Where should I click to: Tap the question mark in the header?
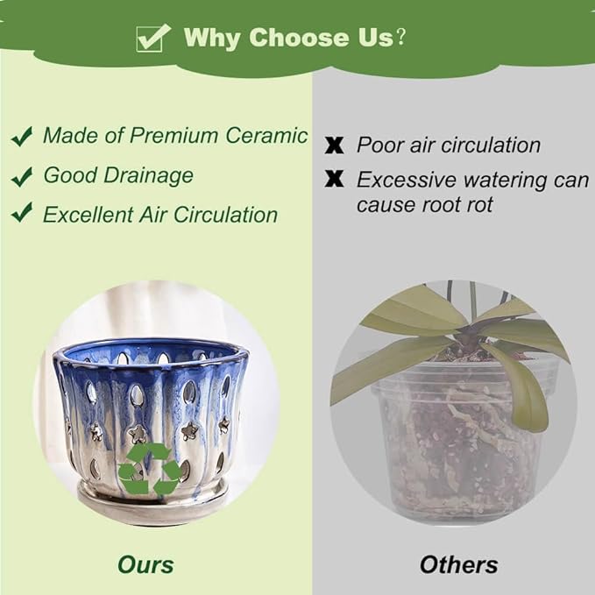pos(400,37)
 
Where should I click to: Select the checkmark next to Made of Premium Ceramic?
pos(22,137)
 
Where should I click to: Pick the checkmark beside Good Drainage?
pos(22,177)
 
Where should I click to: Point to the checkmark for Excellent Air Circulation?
pos(22,212)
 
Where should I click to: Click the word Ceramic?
pos(266,135)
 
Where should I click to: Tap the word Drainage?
pos(148,176)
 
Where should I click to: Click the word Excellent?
pos(87,215)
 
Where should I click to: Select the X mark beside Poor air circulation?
pos(335,145)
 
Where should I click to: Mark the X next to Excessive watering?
pos(335,179)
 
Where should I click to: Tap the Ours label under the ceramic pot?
pos(145,564)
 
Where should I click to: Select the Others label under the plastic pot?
pos(459,564)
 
